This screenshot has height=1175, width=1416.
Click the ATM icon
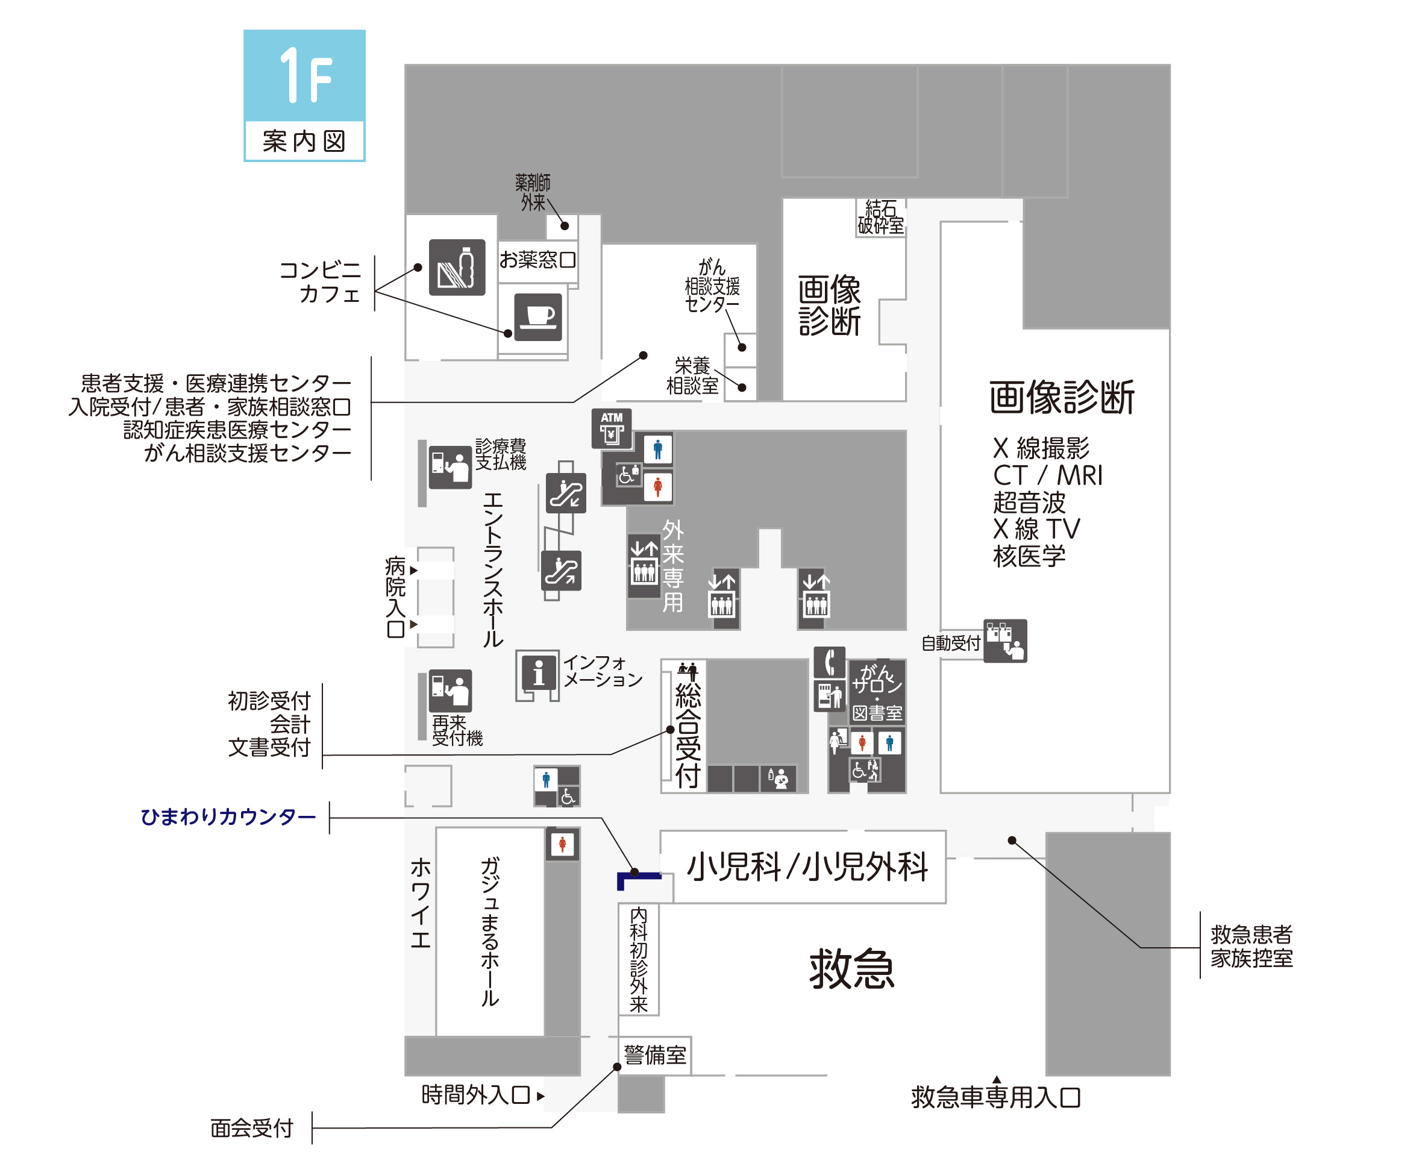click(x=612, y=428)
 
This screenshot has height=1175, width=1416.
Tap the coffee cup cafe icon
click(x=537, y=316)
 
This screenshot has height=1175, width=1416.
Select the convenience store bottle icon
click(x=457, y=267)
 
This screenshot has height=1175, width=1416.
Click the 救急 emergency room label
click(x=851, y=969)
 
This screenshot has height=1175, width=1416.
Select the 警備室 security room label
click(x=655, y=1054)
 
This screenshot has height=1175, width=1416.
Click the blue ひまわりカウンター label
click(x=228, y=817)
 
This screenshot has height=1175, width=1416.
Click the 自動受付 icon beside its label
click(x=1004, y=641)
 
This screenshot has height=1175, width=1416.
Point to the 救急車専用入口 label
click(x=995, y=1097)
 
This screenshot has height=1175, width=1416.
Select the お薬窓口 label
click(x=537, y=260)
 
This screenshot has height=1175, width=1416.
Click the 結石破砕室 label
click(x=880, y=217)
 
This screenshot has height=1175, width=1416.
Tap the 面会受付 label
click(x=251, y=1128)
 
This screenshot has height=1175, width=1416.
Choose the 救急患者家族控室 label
click(x=1252, y=946)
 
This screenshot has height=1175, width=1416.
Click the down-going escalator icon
click(x=565, y=493)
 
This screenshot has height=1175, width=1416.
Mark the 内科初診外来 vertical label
click(x=638, y=959)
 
